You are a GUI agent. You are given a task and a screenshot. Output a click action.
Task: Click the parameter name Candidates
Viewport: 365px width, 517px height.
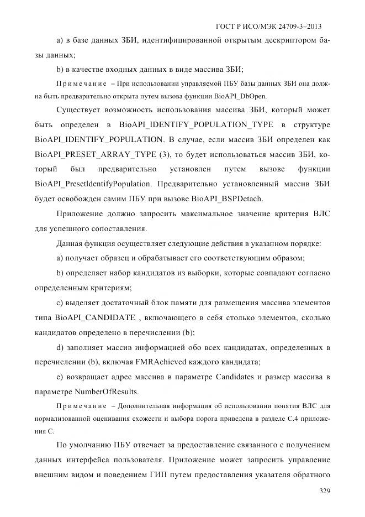click(236, 377)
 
